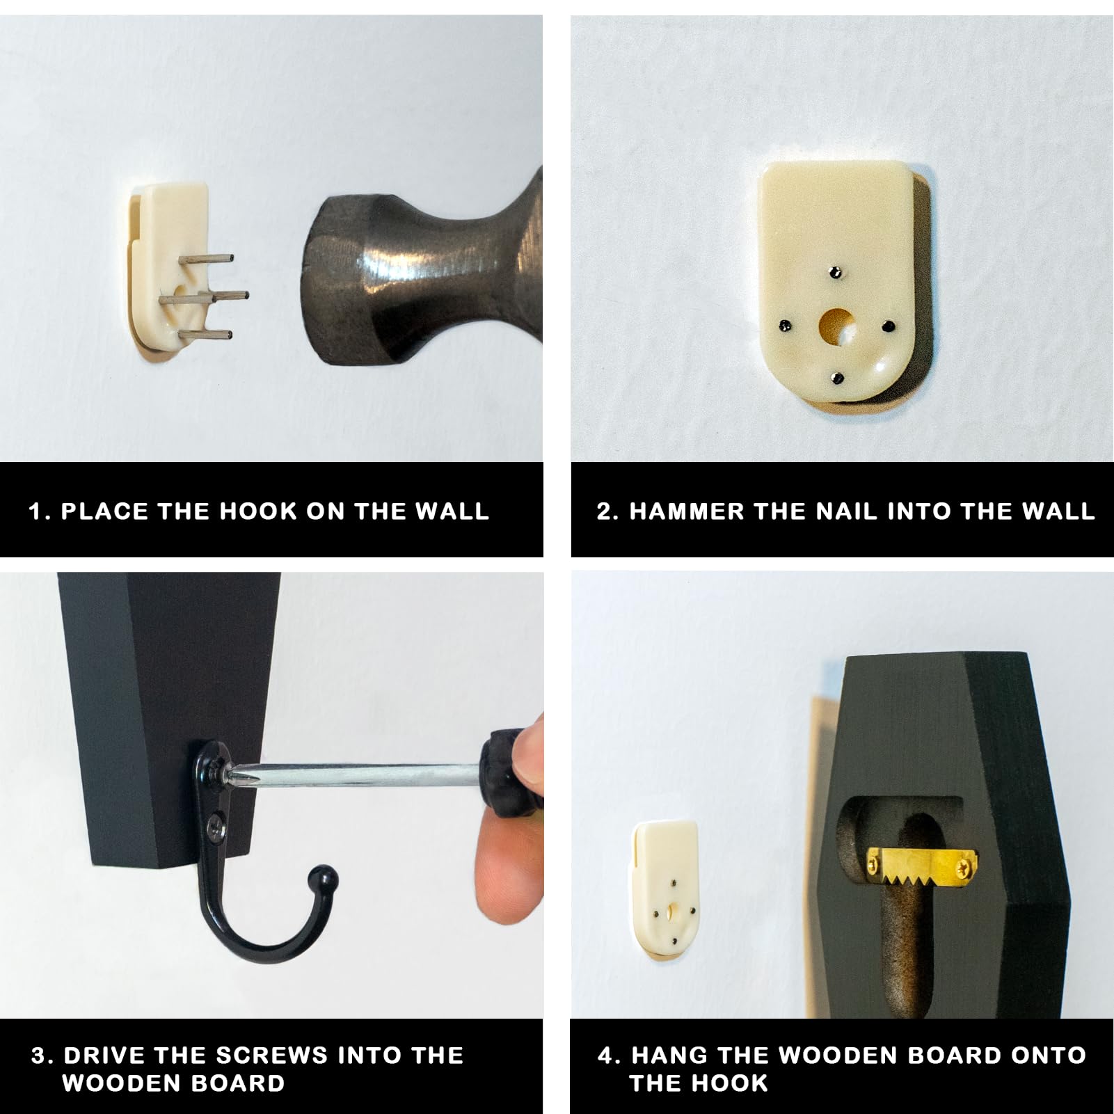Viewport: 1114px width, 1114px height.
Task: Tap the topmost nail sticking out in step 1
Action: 206,258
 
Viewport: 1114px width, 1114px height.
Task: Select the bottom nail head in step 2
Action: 838,378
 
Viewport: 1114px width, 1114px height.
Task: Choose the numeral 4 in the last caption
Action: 606,1055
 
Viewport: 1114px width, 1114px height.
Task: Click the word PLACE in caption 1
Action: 104,511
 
